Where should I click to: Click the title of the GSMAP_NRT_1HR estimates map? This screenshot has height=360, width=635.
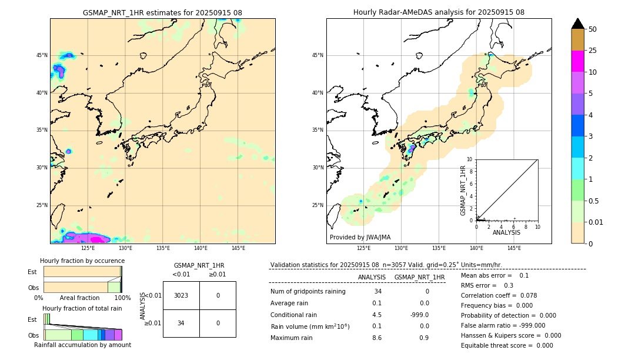[162, 12]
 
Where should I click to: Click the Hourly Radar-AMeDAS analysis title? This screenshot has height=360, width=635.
[439, 12]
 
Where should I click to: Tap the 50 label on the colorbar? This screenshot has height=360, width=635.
[593, 29]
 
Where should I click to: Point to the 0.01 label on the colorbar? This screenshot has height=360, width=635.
[596, 222]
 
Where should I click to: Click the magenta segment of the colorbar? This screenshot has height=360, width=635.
[577, 61]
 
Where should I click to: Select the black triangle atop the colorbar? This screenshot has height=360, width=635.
[577, 23]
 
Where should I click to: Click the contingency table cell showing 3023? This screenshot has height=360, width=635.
[181, 295]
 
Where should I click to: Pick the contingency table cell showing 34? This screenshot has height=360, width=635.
[181, 323]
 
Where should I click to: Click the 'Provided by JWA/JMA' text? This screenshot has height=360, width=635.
[360, 238]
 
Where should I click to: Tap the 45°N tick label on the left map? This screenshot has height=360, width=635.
[42, 55]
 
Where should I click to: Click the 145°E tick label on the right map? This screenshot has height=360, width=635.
[514, 248]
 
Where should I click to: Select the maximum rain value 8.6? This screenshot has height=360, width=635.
[377, 338]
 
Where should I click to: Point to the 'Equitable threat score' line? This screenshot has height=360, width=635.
[507, 345]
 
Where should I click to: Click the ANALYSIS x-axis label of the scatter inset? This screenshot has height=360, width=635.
[506, 232]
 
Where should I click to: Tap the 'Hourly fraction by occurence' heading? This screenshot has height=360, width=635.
[82, 261]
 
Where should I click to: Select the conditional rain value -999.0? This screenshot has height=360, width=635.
[420, 314]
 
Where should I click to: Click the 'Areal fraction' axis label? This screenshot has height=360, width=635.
[79, 298]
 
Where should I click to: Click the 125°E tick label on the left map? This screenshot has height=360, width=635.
[88, 248]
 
